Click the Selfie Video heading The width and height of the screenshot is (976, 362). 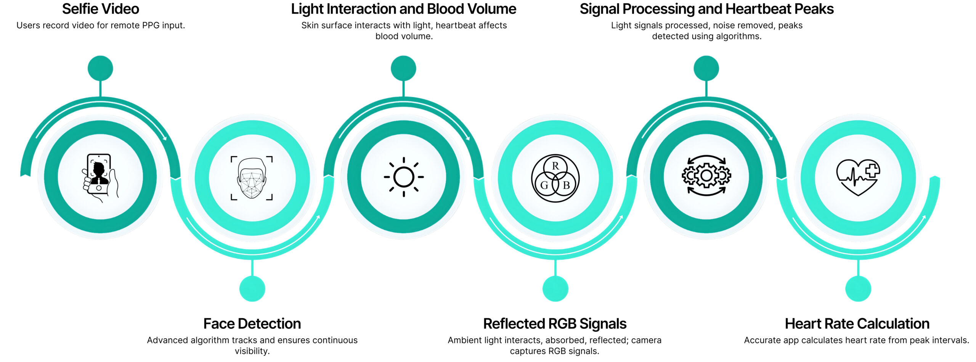click(x=101, y=9)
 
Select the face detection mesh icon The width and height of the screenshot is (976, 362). click(x=252, y=178)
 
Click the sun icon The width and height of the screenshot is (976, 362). click(x=403, y=177)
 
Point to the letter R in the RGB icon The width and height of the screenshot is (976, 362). click(x=555, y=166)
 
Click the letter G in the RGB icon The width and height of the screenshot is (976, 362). click(x=544, y=185)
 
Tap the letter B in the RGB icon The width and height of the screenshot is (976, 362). click(x=567, y=185)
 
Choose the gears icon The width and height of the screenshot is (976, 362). click(x=706, y=175)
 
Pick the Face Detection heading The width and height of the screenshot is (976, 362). click(x=252, y=323)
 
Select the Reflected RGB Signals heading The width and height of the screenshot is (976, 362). click(x=555, y=323)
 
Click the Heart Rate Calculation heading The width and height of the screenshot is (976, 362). click(x=857, y=323)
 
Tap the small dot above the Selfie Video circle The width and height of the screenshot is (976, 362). click(x=100, y=68)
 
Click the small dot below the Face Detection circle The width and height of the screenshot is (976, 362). click(x=252, y=289)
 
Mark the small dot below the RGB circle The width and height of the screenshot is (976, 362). click(x=555, y=289)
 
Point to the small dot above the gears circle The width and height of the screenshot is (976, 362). click(x=706, y=68)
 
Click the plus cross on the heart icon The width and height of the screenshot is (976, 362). click(x=872, y=170)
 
